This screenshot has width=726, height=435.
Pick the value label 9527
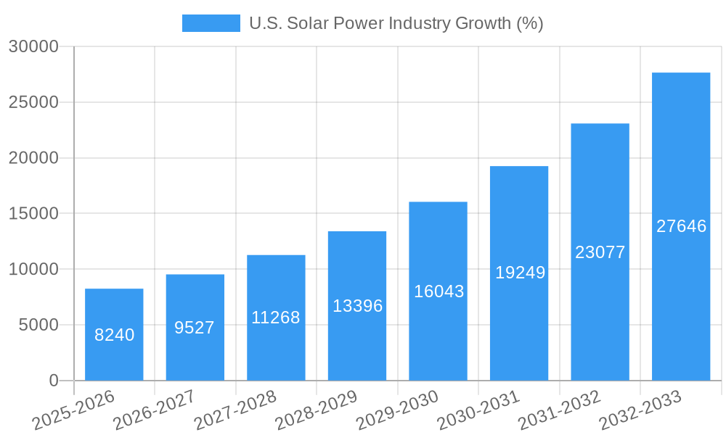(195, 328)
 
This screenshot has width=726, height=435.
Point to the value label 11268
(276, 318)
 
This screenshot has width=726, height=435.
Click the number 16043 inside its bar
(439, 291)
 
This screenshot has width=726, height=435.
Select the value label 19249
(520, 273)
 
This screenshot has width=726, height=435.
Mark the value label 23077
(600, 252)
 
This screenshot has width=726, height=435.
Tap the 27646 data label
(681, 226)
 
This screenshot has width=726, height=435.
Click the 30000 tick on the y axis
(33, 46)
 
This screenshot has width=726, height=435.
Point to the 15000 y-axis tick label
(33, 214)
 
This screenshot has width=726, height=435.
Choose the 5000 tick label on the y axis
(38, 325)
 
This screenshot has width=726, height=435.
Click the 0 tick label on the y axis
(53, 381)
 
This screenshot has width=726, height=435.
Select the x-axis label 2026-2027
(154, 410)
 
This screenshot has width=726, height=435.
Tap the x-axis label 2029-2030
(397, 410)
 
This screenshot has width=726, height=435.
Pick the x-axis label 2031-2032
(559, 410)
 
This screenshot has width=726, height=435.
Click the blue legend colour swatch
(211, 23)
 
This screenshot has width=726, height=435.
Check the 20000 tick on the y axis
(33, 158)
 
